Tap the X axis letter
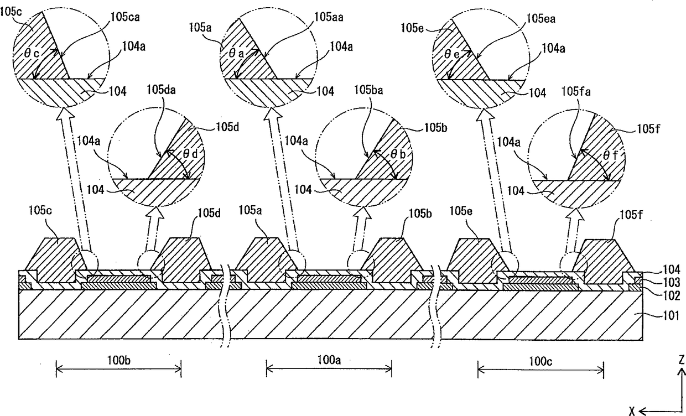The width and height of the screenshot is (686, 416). click(x=631, y=410)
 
